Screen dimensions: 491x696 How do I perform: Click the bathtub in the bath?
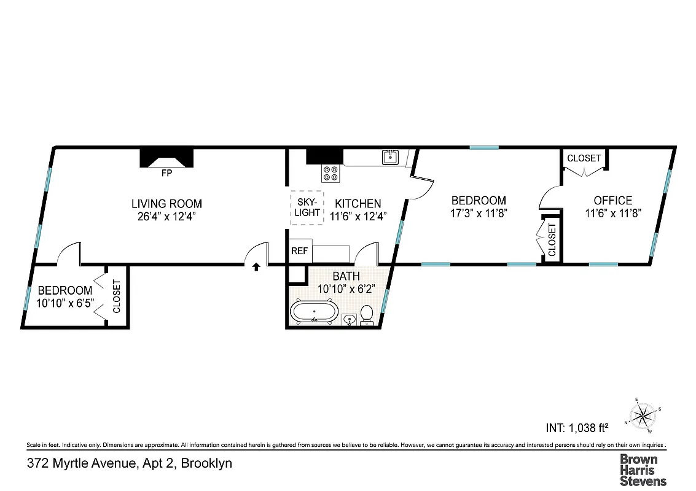315,312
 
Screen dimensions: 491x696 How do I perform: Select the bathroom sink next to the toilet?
348,319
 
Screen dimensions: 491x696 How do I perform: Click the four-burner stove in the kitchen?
330,174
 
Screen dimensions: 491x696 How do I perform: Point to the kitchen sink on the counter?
390,158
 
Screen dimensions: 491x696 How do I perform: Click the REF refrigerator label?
299,251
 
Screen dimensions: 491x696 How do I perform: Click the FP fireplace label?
166,174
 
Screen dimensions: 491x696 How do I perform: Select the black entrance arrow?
256,266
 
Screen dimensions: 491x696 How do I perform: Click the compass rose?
641,416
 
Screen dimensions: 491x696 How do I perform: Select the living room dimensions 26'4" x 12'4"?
166,216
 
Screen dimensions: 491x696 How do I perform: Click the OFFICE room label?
612,201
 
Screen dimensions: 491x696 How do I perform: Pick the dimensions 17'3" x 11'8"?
479,213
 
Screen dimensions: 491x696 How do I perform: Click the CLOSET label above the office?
584,158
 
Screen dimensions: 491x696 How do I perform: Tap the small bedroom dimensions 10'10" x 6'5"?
65,303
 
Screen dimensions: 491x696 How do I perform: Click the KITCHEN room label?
358,203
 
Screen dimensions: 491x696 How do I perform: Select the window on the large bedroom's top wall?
484,147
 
